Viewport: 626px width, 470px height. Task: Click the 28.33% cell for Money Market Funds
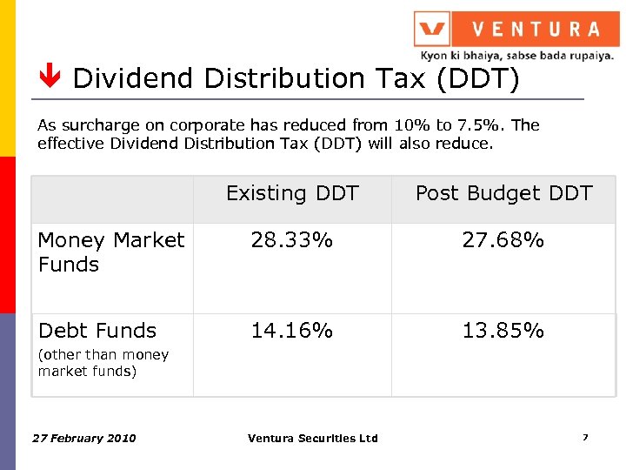[x=291, y=240]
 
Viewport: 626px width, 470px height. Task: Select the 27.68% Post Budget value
[x=503, y=240]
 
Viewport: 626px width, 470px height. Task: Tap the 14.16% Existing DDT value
[x=291, y=331]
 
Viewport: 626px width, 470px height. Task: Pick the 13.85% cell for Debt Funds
[x=503, y=331]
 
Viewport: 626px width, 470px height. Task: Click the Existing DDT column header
[x=292, y=193]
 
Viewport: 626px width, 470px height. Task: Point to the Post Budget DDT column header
[x=503, y=193]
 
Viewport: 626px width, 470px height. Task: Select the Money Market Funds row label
[x=111, y=252]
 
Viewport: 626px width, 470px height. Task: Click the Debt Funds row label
[x=97, y=331]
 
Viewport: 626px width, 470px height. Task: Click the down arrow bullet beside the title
[x=50, y=79]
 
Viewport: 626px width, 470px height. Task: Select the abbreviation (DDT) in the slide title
[x=477, y=79]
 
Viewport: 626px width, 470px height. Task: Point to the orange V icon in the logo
[x=431, y=30]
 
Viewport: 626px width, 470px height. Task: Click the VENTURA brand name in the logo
[x=536, y=30]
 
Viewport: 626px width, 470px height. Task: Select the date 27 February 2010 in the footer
[x=83, y=438]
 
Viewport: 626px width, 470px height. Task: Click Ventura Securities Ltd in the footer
[x=312, y=438]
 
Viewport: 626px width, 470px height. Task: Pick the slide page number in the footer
[x=585, y=437]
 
